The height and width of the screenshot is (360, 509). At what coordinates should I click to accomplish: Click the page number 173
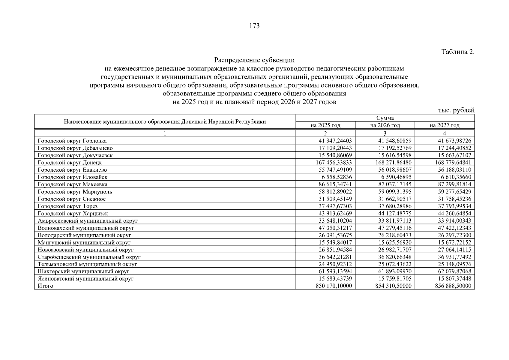point(254,26)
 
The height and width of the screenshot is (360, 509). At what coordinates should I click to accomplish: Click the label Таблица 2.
point(458,52)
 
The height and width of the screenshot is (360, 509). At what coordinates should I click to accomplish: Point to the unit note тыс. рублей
point(456,110)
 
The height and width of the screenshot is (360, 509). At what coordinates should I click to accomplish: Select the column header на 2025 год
point(325,125)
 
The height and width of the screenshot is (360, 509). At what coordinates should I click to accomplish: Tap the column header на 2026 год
point(385,125)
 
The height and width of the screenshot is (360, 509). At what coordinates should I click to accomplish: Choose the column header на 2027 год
point(445,125)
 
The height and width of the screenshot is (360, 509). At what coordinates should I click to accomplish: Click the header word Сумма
point(385,118)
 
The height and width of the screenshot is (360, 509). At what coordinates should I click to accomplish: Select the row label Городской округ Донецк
point(70,163)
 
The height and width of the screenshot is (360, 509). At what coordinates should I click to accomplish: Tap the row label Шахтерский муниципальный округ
point(83,271)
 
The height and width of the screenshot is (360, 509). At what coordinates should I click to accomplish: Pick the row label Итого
point(45,286)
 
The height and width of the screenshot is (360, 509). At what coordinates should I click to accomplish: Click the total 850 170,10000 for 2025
point(334,286)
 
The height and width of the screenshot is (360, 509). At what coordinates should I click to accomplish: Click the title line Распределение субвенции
point(254,60)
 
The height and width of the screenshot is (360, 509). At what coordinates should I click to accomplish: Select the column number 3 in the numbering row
point(385,133)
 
